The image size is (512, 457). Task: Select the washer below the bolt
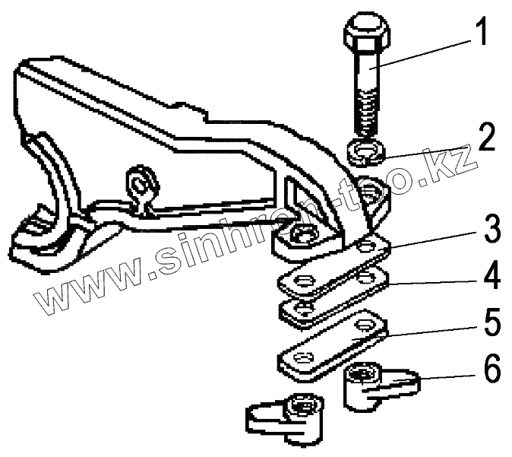pyautogui.click(x=368, y=151)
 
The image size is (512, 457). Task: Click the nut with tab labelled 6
pyautogui.click(x=372, y=385)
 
